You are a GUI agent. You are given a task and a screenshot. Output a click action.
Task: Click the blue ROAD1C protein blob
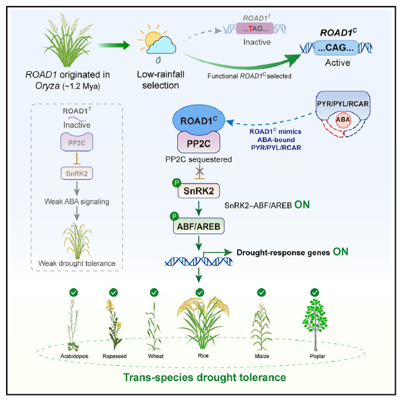[198, 120]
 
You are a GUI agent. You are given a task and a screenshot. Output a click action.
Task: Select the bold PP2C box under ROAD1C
[198, 143]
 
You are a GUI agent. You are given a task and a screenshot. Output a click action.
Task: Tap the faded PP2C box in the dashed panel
[77, 142]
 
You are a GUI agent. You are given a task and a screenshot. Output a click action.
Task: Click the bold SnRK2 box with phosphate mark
[198, 191]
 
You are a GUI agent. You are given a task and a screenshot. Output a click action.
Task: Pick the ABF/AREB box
[198, 226]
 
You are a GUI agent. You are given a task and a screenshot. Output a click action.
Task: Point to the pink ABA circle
[343, 120]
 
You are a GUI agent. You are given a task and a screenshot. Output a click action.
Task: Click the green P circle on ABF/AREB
[174, 216]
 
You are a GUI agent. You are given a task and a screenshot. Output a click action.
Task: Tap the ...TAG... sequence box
[255, 28]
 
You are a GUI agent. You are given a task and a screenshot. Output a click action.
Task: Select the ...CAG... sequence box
[336, 48]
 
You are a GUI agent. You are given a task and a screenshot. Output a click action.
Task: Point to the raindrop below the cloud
[159, 60]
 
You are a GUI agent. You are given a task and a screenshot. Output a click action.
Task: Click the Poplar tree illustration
[315, 325]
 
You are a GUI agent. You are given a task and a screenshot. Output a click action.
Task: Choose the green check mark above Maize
[261, 293]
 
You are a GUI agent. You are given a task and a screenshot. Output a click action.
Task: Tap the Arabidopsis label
[74, 356]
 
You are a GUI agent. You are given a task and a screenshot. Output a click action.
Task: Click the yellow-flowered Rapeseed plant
[114, 325]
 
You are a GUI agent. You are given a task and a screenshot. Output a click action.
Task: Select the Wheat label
[156, 356]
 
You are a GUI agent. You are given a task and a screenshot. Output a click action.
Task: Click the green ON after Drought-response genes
[341, 252]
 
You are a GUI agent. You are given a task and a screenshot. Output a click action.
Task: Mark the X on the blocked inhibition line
[200, 170]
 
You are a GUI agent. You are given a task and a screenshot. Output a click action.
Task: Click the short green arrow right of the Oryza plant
[114, 45]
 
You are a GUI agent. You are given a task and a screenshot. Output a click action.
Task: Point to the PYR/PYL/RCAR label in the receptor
[343, 104]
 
